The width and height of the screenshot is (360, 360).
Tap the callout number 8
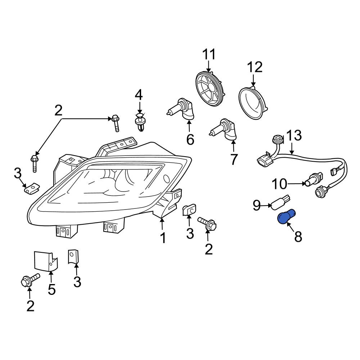(x=298, y=237)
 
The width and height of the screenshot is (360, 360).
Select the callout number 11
(x=209, y=54)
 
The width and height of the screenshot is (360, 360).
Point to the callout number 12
(x=255, y=67)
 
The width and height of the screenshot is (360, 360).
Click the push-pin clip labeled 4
(x=140, y=122)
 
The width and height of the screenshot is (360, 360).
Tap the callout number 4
(x=139, y=95)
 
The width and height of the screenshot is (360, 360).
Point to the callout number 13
(x=294, y=135)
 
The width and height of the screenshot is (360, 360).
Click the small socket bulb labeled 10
(x=314, y=179)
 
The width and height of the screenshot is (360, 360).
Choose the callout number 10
(x=279, y=184)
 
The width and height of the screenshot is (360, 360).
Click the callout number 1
(x=163, y=238)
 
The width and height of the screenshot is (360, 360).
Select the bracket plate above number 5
(x=45, y=261)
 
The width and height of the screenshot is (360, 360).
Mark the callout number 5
(x=51, y=289)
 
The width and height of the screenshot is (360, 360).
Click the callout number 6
(x=190, y=139)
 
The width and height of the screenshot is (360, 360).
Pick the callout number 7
(x=233, y=159)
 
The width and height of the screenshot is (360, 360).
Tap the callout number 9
(x=257, y=205)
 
